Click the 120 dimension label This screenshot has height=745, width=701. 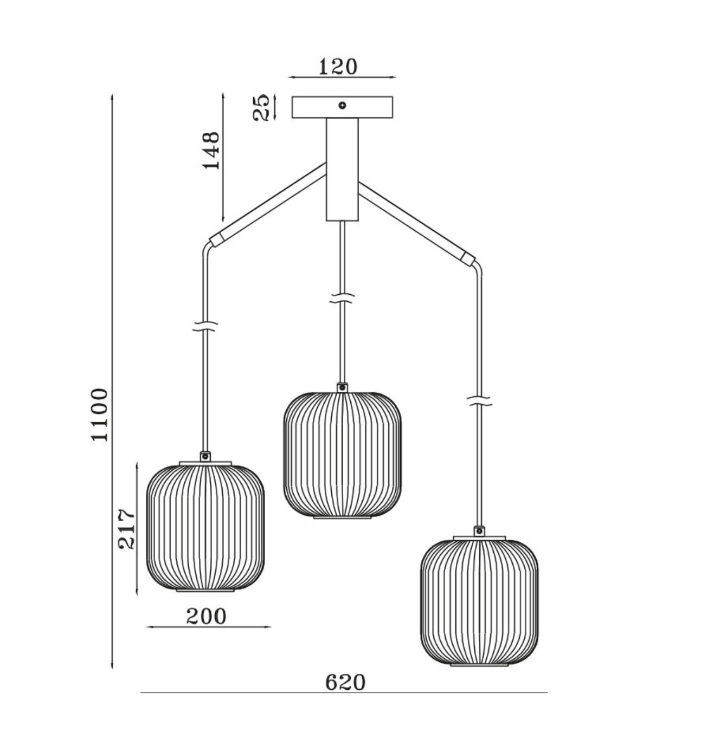click(x=338, y=67)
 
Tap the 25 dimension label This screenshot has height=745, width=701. click(x=261, y=107)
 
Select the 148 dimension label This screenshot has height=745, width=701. click(x=211, y=151)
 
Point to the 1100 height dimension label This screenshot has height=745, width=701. click(x=100, y=415)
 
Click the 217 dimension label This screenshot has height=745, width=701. click(x=126, y=529)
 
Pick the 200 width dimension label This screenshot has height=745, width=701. click(x=206, y=617)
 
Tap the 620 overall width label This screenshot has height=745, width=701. click(x=345, y=683)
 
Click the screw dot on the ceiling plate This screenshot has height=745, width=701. click(x=342, y=106)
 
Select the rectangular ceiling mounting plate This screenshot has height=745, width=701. click(x=342, y=107)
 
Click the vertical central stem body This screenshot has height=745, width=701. click(x=342, y=170)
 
